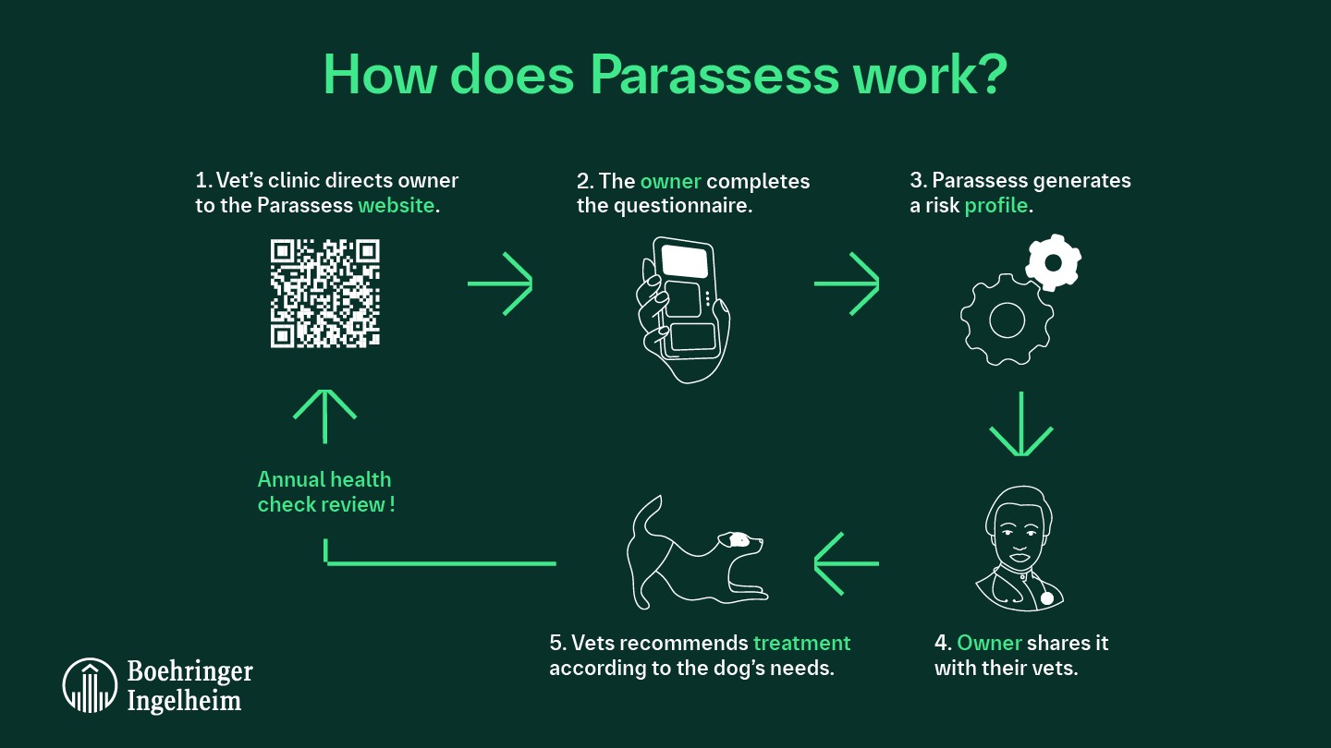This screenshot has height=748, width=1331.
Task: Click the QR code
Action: (x=325, y=293)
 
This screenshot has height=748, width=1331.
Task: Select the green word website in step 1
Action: (x=396, y=205)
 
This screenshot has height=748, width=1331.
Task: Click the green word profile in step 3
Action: (x=995, y=205)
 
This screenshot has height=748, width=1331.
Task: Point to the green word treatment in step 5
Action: (x=801, y=643)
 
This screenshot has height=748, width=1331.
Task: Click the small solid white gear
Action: (x=1052, y=263)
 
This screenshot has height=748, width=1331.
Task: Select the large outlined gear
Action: (x=1007, y=320)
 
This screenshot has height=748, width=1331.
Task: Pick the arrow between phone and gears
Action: (x=846, y=284)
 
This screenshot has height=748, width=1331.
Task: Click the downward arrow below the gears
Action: (x=1020, y=424)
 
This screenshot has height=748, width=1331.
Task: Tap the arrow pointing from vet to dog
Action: (x=846, y=562)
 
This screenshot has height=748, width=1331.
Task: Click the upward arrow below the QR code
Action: (x=325, y=416)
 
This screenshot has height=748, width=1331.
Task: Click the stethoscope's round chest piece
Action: (x=1046, y=598)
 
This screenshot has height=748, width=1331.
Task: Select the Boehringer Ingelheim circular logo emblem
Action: (x=89, y=685)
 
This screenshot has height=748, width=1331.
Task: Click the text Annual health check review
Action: (x=325, y=492)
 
